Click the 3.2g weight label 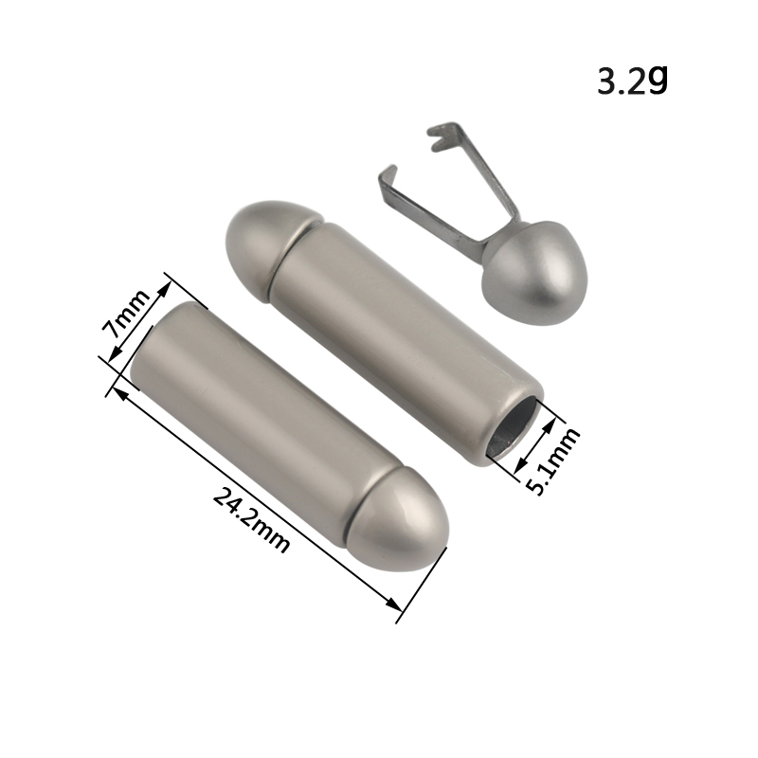(632, 81)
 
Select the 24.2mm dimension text (251, 520)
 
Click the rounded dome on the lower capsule (399, 518)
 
